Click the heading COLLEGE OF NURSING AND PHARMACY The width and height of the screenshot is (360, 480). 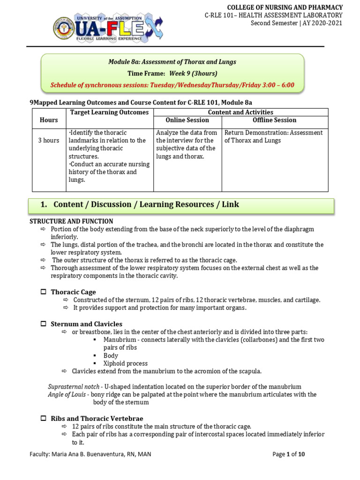click(x=285, y=7)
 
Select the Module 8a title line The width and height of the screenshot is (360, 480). click(x=172, y=62)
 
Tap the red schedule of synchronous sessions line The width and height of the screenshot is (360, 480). click(x=172, y=85)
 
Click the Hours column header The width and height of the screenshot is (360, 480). click(x=49, y=120)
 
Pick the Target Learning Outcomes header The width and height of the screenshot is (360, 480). click(x=109, y=112)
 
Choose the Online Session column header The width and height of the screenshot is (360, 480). click(x=187, y=120)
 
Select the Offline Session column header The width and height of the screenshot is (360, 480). click(x=275, y=120)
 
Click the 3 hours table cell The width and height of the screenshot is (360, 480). click(x=49, y=141)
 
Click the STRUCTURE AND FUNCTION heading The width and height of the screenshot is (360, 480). click(x=71, y=221)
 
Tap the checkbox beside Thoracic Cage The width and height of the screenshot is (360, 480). click(x=43, y=292)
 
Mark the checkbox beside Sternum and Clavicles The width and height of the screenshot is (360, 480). click(x=43, y=324)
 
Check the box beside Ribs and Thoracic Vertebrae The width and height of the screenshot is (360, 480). click(x=43, y=418)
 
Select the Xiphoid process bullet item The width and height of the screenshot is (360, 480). click(x=125, y=363)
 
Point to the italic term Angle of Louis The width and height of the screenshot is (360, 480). click(x=67, y=395)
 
